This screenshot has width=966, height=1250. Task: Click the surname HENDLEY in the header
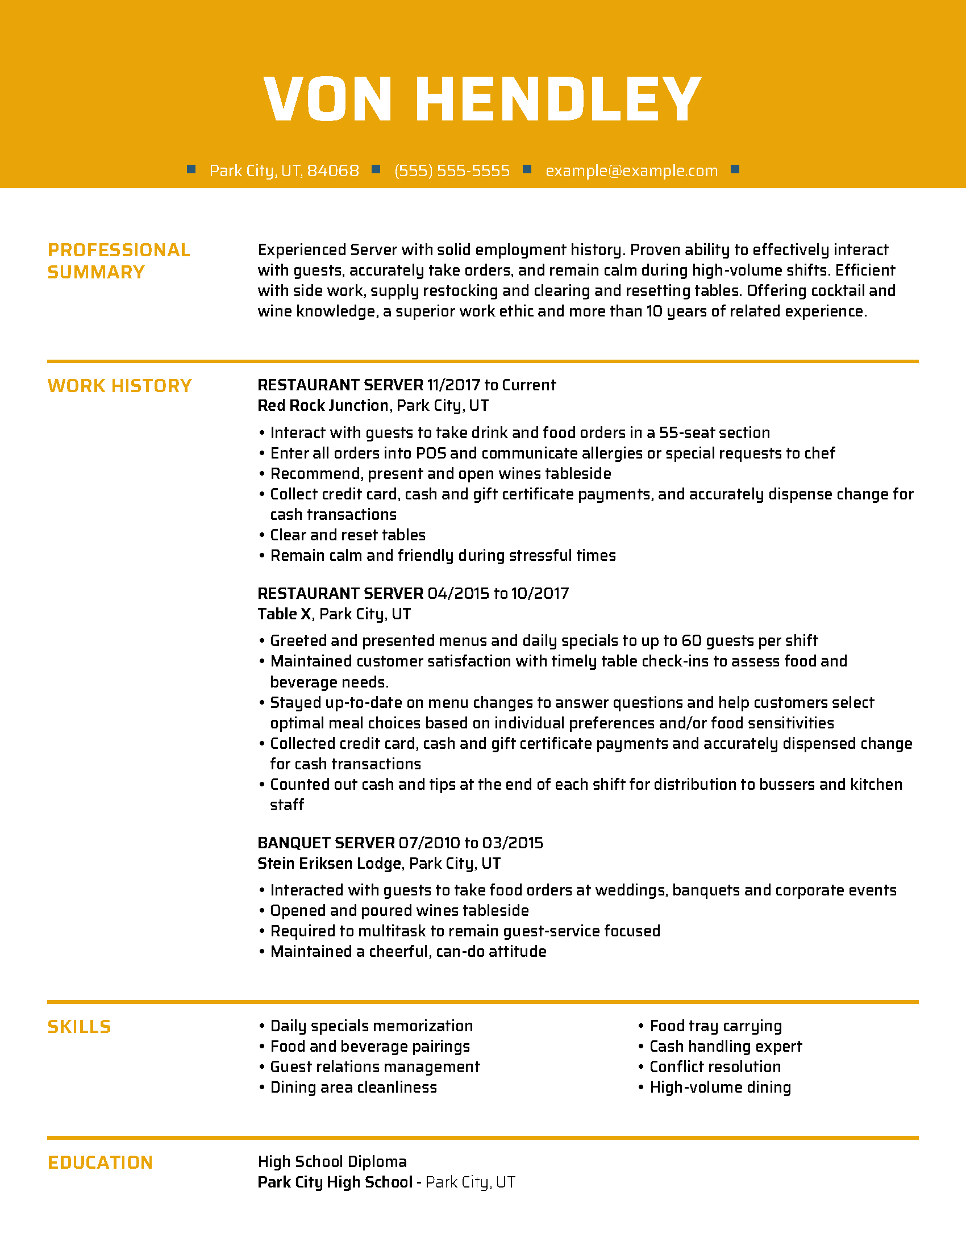click(x=558, y=99)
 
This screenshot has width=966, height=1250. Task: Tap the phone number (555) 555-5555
click(x=452, y=170)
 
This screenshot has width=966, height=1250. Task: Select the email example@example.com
click(x=631, y=170)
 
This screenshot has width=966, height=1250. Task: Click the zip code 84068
click(x=333, y=170)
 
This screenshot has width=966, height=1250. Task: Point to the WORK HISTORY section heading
click(x=119, y=386)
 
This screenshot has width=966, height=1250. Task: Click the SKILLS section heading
click(x=79, y=1027)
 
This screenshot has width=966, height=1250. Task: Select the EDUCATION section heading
click(x=100, y=1162)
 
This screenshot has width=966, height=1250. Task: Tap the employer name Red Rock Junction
click(x=323, y=405)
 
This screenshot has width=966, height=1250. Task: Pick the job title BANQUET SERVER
click(x=326, y=843)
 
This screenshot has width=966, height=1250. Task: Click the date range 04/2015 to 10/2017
click(x=498, y=593)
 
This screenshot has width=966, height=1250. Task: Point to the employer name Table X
click(x=285, y=614)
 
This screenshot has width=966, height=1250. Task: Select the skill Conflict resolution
click(x=715, y=1067)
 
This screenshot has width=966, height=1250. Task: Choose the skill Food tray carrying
click(x=715, y=1026)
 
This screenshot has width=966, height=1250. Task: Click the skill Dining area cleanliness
click(x=353, y=1087)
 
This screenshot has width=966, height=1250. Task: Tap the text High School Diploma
click(x=332, y=1161)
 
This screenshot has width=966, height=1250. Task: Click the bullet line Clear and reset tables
click(x=347, y=535)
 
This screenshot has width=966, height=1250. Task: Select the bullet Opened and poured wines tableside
click(x=399, y=911)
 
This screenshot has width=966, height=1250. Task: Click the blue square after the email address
click(x=735, y=169)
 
